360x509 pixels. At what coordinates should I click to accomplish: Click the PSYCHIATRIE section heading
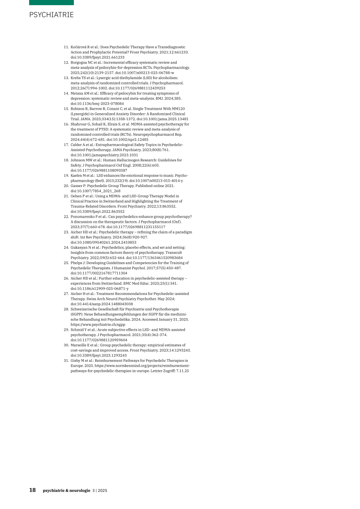coord(51,15)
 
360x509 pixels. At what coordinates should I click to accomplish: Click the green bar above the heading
coord(51,2)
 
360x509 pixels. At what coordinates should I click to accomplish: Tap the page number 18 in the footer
coord(32,490)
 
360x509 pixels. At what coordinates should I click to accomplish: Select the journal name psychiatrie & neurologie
coord(66,490)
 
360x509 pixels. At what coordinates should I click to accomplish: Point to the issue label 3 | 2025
coord(100,490)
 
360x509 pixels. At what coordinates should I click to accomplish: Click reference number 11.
coord(66,47)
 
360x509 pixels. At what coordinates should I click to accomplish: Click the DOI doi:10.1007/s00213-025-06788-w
coord(144,73)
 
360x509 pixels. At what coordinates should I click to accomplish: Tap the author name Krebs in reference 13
coord(76,78)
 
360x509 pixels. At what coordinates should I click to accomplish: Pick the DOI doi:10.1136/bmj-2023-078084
coord(97,104)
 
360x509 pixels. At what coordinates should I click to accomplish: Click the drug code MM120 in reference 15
coord(179,109)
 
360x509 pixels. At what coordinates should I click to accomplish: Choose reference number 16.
coord(66,124)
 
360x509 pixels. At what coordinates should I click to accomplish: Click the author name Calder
coord(76,145)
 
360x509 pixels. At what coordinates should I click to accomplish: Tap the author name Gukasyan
coord(79,247)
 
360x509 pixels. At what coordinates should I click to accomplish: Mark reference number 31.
coord(66,361)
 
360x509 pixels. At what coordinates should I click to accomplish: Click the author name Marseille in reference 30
coord(78,345)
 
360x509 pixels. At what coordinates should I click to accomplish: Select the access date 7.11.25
coord(182,371)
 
